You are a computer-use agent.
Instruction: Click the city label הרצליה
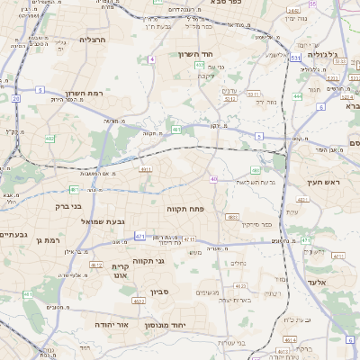93,40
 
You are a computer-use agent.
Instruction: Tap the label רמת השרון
86,93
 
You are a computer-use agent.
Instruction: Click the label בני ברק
85,191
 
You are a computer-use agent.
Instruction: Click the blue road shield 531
296,58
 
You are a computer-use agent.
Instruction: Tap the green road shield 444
297,95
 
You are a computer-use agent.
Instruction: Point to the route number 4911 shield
145,168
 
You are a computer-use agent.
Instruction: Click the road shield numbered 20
16,98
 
